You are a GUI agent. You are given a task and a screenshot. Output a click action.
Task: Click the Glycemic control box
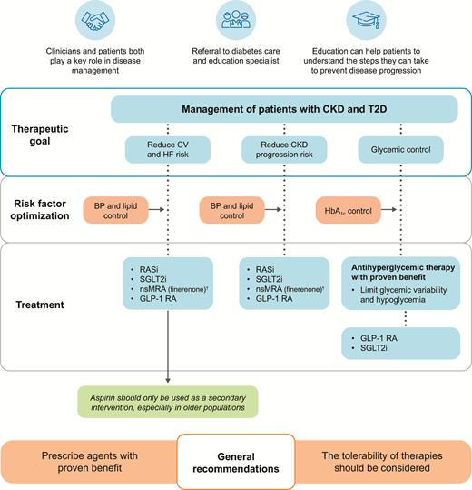(399, 148)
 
